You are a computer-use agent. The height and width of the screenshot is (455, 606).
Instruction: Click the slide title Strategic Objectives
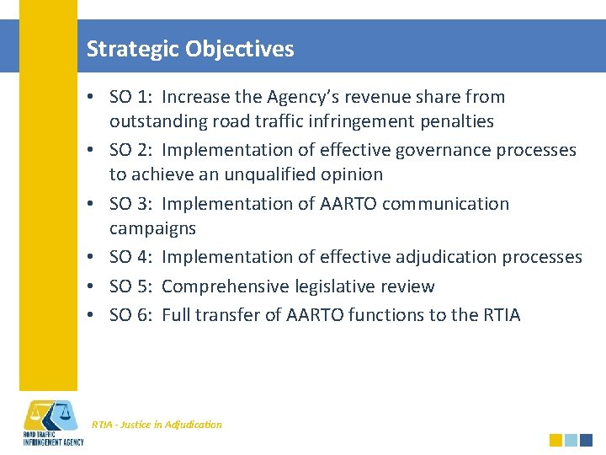tap(190, 49)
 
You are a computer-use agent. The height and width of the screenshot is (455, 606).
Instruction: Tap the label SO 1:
tap(132, 97)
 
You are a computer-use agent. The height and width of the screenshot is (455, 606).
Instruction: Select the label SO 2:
tap(132, 150)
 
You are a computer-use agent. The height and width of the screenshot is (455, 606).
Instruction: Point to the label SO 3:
tap(132, 204)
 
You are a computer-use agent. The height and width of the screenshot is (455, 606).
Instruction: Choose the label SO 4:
tap(132, 257)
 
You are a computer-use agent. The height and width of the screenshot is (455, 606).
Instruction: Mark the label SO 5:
tap(132, 286)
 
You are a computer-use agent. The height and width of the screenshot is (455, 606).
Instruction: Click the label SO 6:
tap(132, 315)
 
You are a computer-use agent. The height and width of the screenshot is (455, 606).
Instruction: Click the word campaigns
tap(152, 228)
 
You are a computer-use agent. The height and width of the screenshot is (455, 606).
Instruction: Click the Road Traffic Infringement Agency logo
tap(52, 422)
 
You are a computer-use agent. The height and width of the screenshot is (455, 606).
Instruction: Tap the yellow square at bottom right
tap(555, 440)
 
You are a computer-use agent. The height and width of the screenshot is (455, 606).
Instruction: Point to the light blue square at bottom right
tap(571, 440)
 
